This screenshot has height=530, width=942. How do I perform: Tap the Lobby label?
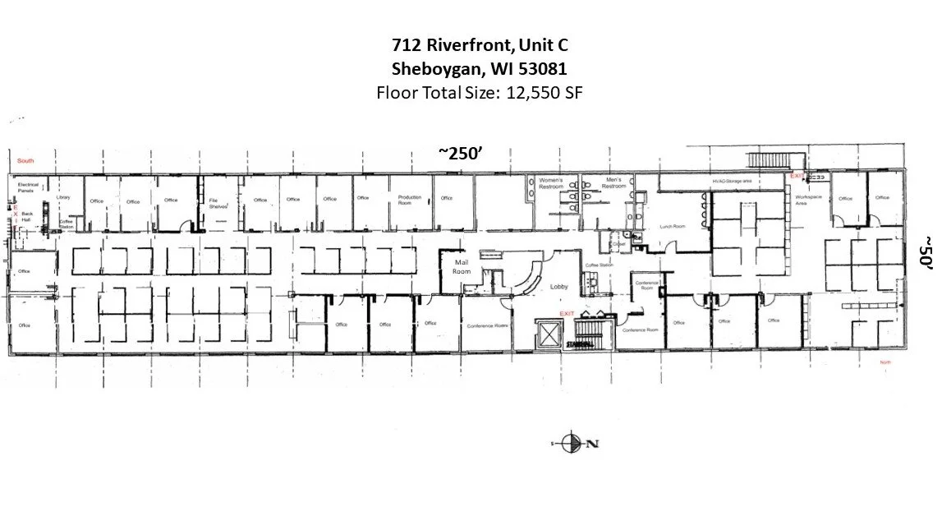point(559,287)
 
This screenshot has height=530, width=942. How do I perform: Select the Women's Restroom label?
point(552,182)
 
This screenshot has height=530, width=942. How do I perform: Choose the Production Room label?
point(410,200)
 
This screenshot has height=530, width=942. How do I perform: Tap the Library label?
point(64,198)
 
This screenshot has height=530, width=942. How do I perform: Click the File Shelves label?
point(218,204)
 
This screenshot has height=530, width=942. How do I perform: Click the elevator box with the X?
point(546,334)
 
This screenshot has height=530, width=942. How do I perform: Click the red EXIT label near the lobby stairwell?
point(567,314)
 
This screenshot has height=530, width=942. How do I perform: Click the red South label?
point(25,160)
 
